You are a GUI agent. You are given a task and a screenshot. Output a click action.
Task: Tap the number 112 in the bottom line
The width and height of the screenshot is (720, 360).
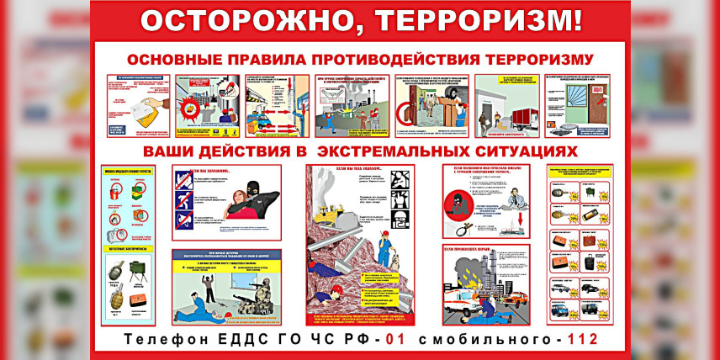pyautogui.click(x=582, y=340)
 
